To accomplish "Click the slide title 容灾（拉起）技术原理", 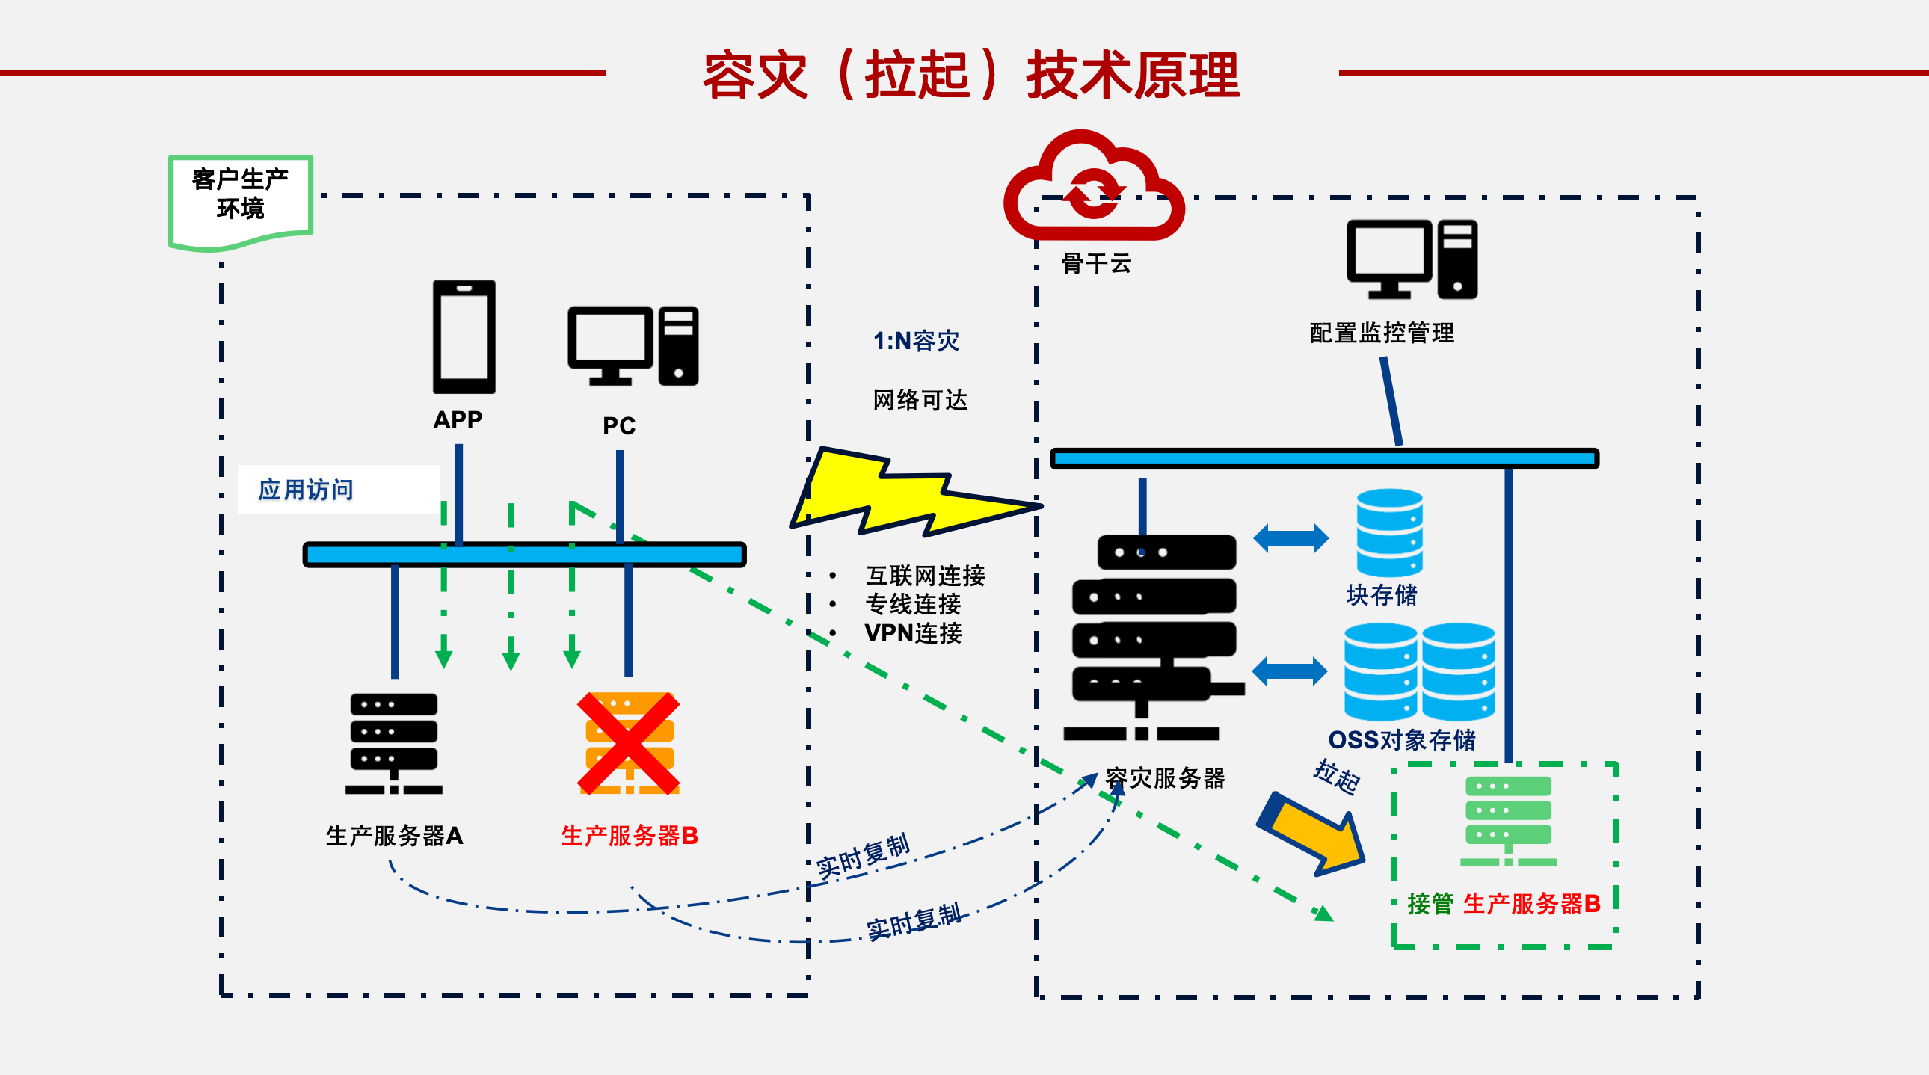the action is pyautogui.click(x=971, y=75).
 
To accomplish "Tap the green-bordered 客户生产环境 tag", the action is pyautogui.click(x=240, y=201).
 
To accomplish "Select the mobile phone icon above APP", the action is pyautogui.click(x=464, y=337).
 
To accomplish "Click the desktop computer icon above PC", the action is pyautogui.click(x=633, y=346).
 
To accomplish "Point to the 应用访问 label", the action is pyautogui.click(x=306, y=490).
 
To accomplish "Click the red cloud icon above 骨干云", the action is pyautogui.click(x=1093, y=187).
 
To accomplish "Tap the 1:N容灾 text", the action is pyautogui.click(x=916, y=341).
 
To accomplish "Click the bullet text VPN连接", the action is pyautogui.click(x=913, y=633).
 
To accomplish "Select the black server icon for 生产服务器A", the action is pyautogui.click(x=394, y=743).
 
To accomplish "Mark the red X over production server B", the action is pyautogui.click(x=628, y=743).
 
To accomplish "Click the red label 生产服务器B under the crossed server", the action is pyautogui.click(x=629, y=836).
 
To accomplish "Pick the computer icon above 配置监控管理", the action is pyautogui.click(x=1412, y=259).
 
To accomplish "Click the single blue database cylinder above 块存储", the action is pyautogui.click(x=1390, y=533).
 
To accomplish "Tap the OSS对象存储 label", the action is pyautogui.click(x=1402, y=739).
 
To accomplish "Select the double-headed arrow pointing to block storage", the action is pyautogui.click(x=1291, y=538).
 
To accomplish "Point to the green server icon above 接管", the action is pyautogui.click(x=1508, y=822).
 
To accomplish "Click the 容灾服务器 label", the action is pyautogui.click(x=1165, y=777).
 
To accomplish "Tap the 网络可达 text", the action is pyautogui.click(x=920, y=400).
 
